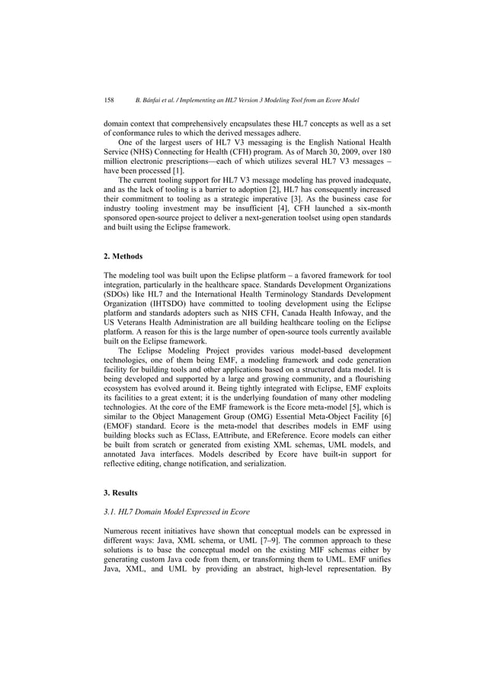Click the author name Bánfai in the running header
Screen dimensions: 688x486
tap(149, 100)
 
